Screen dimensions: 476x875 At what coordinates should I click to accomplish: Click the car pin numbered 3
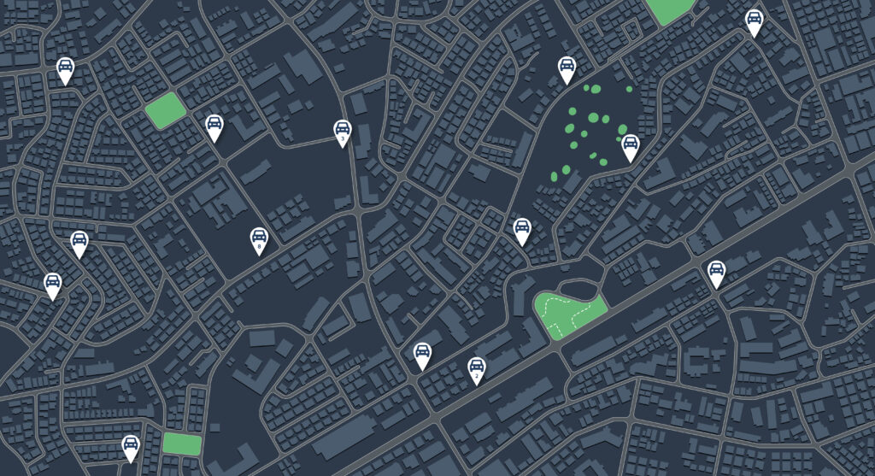pos(342,132)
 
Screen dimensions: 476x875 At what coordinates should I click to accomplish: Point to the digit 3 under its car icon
pos(342,138)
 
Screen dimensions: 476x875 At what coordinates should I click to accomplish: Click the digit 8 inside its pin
pos(259,246)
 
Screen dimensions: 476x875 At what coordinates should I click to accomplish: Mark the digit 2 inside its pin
pos(477,374)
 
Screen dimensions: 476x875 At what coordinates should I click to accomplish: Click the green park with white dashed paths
pos(568,314)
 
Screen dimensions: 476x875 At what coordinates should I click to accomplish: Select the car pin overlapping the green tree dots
pos(630,146)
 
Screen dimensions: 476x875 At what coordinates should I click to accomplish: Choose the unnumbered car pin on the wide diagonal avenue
pos(716,273)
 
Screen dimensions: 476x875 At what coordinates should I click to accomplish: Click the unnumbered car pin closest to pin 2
pos(422,354)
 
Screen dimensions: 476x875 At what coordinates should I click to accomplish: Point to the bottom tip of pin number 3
pos(342,148)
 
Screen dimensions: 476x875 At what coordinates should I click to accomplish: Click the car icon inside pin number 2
pos(477,365)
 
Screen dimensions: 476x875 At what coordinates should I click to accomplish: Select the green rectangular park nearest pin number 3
pos(166,111)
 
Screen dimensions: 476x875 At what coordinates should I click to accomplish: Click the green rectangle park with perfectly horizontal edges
pos(182,444)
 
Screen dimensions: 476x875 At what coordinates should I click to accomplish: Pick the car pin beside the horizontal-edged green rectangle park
pos(130,446)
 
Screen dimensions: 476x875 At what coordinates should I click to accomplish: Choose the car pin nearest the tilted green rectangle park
pos(214,126)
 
